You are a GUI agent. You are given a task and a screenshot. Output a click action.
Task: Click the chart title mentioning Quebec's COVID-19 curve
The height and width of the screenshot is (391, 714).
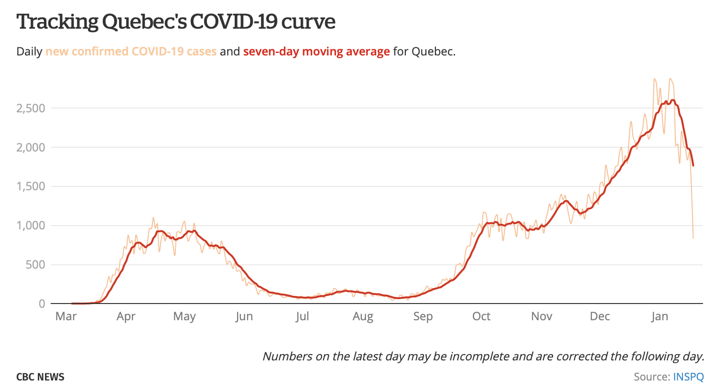pyautogui.click(x=176, y=22)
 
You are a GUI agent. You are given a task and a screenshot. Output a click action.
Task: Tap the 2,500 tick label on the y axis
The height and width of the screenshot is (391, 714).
pyautogui.click(x=31, y=109)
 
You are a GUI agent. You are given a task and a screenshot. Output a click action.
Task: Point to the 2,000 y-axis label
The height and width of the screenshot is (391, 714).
pyautogui.click(x=31, y=148)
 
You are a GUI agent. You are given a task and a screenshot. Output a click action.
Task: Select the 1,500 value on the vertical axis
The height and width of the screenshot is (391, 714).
pyautogui.click(x=31, y=186)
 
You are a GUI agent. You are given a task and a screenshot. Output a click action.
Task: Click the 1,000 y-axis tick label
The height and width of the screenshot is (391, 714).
pyautogui.click(x=31, y=226)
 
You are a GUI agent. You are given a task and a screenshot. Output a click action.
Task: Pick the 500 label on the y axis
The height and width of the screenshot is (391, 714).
pyautogui.click(x=35, y=265)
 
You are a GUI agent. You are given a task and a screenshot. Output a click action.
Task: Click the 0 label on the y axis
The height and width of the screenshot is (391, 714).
pyautogui.click(x=42, y=304)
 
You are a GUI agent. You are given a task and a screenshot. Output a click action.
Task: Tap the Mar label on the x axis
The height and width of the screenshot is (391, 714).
pyautogui.click(x=66, y=316)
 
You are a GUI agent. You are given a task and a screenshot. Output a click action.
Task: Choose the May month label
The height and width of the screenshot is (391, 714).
pyautogui.click(x=184, y=316)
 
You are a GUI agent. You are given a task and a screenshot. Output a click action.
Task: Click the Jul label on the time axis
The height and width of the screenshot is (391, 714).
pyautogui.click(x=302, y=316)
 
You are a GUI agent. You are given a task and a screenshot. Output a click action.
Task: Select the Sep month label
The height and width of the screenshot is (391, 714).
pyautogui.click(x=423, y=316)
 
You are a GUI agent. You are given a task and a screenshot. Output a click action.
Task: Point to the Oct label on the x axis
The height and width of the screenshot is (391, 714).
pyautogui.click(x=481, y=316)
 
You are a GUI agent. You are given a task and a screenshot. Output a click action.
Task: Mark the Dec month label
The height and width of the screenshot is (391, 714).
pyautogui.click(x=600, y=316)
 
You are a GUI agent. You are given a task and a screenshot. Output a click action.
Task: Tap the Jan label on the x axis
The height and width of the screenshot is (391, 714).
pyautogui.click(x=660, y=316)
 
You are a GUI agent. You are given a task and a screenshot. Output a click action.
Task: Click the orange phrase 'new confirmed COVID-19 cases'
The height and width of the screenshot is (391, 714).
pyautogui.click(x=131, y=52)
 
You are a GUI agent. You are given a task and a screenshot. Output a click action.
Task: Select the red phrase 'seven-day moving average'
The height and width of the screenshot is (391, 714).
pyautogui.click(x=316, y=52)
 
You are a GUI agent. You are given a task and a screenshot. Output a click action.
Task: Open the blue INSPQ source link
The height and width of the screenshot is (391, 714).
pyautogui.click(x=688, y=377)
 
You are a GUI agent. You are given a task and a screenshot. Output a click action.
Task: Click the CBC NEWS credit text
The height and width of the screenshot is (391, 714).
pyautogui.click(x=40, y=377)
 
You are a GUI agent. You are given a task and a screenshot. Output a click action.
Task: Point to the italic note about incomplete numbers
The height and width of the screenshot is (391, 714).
pyautogui.click(x=483, y=356)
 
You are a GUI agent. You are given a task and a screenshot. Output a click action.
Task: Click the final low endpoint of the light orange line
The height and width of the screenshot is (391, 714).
pyautogui.click(x=693, y=238)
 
